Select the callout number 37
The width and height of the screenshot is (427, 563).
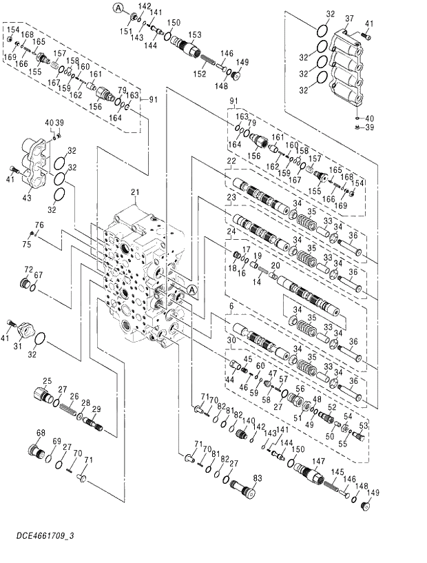click(348, 18)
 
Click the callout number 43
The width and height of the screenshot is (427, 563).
click(27, 198)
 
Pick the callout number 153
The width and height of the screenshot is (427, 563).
click(196, 34)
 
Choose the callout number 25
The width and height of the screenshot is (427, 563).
click(48, 381)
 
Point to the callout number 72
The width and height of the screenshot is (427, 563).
click(29, 269)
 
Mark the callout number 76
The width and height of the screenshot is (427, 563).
click(39, 225)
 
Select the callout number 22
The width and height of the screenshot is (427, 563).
click(232, 161)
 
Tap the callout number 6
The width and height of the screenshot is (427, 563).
click(232, 306)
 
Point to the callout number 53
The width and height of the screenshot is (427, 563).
click(364, 426)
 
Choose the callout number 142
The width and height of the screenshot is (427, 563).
click(145, 6)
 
